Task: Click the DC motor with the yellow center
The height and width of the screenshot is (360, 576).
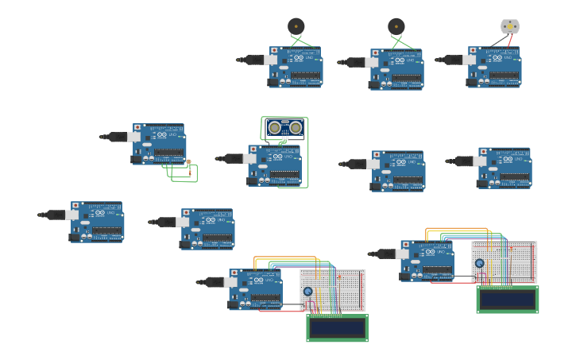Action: [509, 26]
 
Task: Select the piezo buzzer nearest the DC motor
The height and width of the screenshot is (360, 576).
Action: [396, 26]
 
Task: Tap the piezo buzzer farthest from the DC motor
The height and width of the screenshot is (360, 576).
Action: [296, 26]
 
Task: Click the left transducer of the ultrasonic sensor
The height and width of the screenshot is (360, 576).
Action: [275, 127]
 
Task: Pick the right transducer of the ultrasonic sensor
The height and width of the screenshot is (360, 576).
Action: [296, 127]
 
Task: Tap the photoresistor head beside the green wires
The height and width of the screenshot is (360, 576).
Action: [188, 162]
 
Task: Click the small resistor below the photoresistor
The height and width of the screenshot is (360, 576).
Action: [189, 172]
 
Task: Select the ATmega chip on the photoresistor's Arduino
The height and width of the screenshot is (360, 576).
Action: [169, 152]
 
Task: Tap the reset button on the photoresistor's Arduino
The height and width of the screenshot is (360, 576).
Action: [137, 127]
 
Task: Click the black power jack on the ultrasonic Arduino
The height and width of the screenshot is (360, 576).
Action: [252, 180]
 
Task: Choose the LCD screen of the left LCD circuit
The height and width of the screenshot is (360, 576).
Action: [337, 328]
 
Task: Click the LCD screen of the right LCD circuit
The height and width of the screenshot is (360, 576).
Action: [507, 300]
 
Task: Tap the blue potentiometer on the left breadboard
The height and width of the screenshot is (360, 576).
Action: [308, 292]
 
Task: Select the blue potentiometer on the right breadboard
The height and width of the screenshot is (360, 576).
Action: [479, 263]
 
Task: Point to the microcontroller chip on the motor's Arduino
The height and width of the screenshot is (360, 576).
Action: [504, 75]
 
